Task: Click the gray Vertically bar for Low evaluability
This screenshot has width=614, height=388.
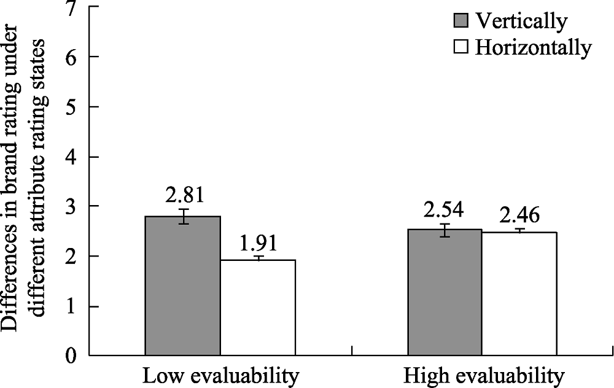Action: pos(182,285)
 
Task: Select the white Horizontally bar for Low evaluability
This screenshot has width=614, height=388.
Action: pos(258,307)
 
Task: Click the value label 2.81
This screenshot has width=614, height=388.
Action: pos(184,195)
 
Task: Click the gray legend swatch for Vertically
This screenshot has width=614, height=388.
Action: pos(460,21)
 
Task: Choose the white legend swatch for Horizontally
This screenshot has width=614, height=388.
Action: pos(460,47)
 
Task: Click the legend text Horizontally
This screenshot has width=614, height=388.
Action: pos(533,47)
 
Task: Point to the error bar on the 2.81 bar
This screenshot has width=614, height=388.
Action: pos(183,216)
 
